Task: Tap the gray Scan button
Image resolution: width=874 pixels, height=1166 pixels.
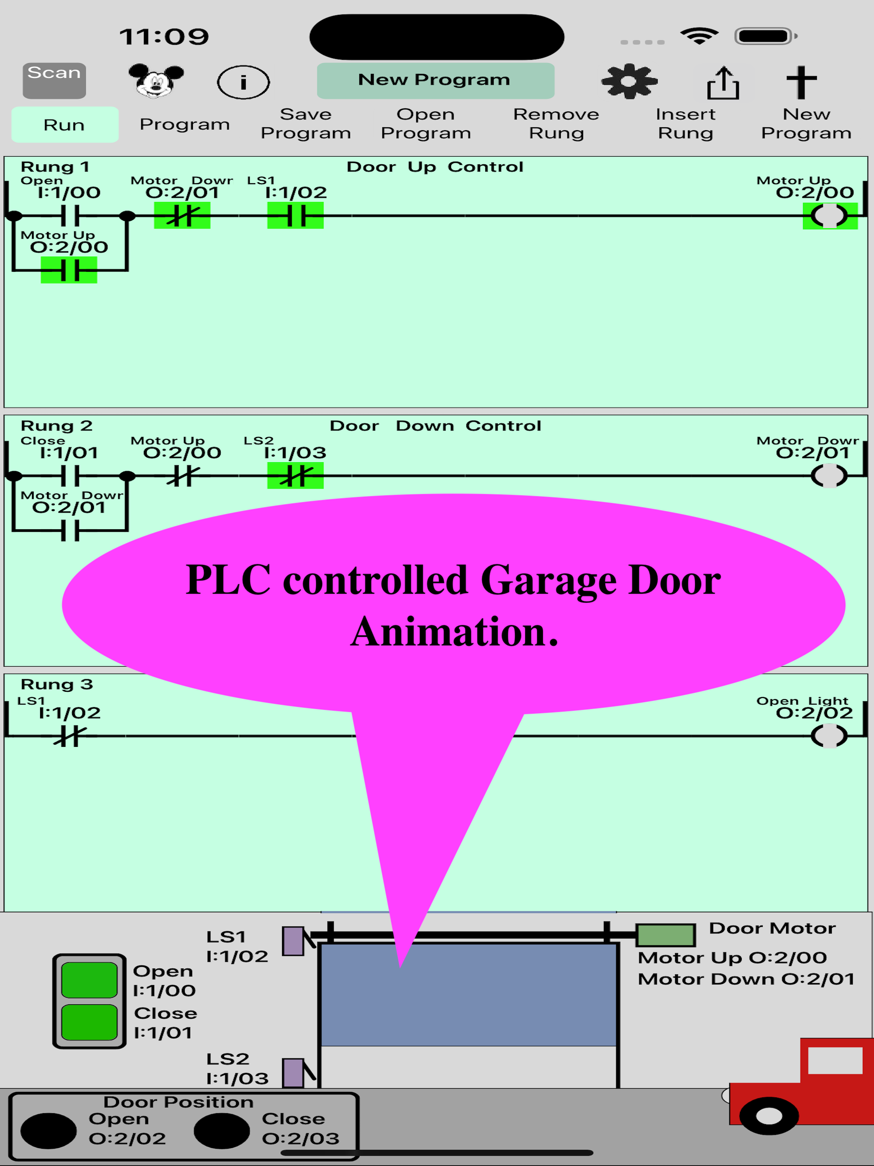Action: pos(54,80)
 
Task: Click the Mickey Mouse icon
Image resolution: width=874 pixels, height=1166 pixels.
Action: pos(156,81)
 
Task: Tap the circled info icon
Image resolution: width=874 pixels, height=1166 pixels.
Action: pos(243,82)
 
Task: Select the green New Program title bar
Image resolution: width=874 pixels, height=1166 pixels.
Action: pos(435,80)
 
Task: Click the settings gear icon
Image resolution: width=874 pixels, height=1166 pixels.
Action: pos(629,81)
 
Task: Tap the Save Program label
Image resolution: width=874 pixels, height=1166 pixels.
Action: pos(306,123)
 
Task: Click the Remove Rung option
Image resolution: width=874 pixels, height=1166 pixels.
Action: pos(556,123)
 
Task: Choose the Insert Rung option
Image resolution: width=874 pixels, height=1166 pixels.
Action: pos(685,123)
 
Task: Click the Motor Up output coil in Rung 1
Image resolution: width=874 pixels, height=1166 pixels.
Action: pos(829,216)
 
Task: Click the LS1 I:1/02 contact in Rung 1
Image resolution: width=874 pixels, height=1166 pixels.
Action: pos(295,216)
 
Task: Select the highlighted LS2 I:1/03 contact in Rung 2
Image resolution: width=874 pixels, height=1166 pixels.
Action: pos(295,475)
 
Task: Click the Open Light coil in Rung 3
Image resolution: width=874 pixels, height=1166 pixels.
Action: pos(829,736)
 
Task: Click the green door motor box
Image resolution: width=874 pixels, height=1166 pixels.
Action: pos(665,935)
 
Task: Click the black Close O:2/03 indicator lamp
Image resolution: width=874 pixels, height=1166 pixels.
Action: pos(221,1131)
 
